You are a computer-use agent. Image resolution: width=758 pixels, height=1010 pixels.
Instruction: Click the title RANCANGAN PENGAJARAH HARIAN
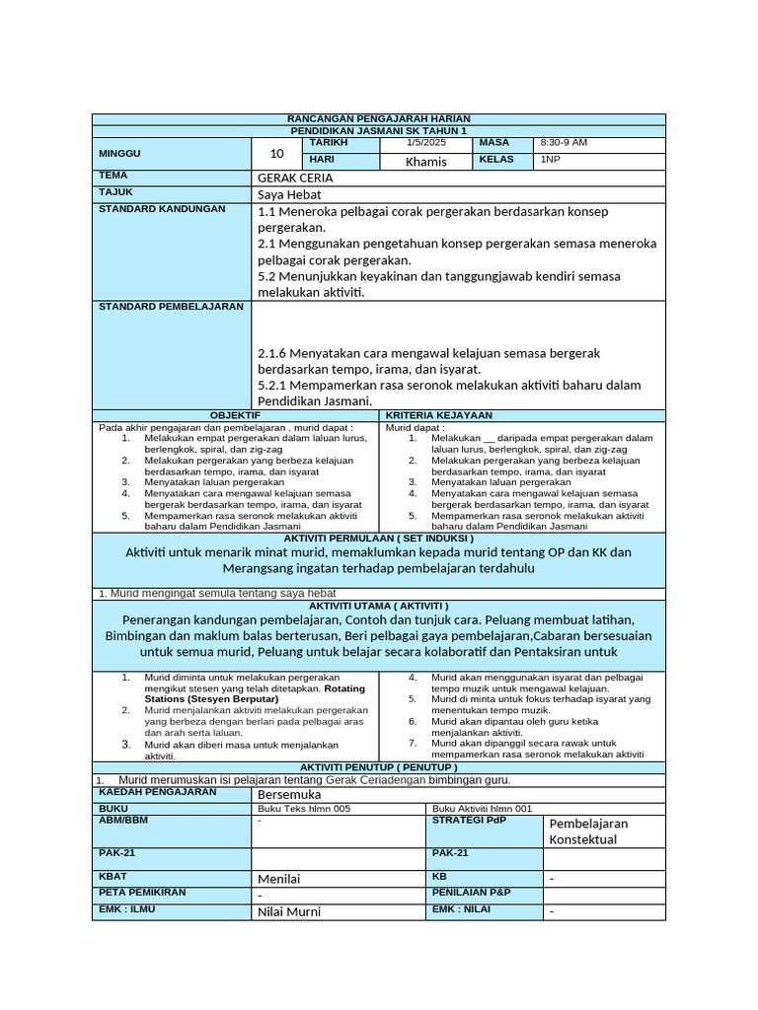point(378,118)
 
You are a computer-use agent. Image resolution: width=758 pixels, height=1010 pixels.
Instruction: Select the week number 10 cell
point(276,154)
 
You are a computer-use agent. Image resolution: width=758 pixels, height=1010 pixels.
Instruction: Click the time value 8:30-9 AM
point(564,143)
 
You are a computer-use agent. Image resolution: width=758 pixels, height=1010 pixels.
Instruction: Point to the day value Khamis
point(426,162)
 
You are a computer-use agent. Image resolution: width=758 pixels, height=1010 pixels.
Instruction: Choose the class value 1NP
point(549,160)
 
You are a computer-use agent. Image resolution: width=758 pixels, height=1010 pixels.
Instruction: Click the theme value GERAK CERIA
point(295,179)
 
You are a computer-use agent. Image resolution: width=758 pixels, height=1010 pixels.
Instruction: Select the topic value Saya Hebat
point(288,195)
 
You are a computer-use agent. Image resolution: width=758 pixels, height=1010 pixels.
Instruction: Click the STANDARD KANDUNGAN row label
point(162,209)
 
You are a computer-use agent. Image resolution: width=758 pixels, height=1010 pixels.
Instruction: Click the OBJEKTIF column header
point(235,416)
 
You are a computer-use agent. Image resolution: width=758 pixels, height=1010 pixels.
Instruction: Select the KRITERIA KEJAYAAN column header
point(438,416)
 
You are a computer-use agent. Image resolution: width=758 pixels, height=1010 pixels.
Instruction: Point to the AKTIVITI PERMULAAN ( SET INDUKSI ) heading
point(378,539)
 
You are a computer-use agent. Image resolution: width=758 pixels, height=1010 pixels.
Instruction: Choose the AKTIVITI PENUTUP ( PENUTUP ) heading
point(378,766)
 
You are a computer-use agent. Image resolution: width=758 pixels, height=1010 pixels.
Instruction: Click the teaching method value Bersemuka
point(289,794)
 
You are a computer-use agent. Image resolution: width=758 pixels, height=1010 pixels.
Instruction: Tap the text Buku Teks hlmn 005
point(303,809)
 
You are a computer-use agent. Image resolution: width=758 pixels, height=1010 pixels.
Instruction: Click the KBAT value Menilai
point(279,879)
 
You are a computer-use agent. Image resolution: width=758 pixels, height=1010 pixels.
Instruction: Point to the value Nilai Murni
point(289,912)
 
